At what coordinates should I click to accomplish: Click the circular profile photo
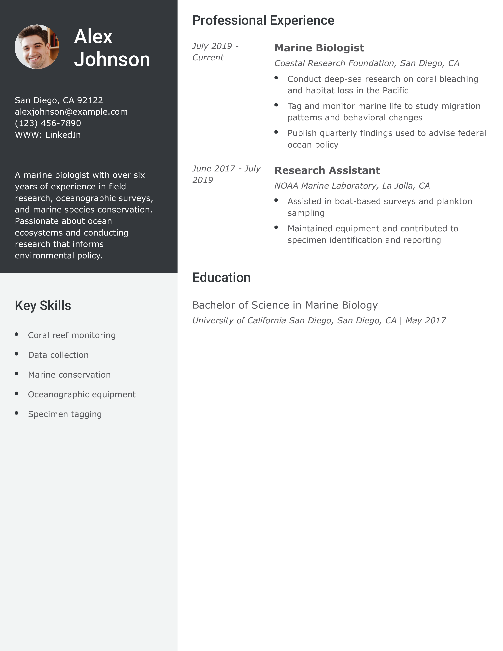[x=37, y=47]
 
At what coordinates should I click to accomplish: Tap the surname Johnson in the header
[x=112, y=59]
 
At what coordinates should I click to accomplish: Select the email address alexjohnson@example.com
[x=71, y=112]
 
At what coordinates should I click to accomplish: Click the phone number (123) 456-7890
[x=48, y=123]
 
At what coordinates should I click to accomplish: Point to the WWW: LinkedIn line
[x=48, y=135]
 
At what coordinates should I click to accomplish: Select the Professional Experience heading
[x=263, y=21]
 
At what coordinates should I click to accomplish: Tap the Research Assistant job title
[x=327, y=170]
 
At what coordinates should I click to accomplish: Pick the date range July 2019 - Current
[x=215, y=51]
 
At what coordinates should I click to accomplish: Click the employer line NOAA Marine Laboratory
[x=352, y=186]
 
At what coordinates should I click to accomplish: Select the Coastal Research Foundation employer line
[x=366, y=63]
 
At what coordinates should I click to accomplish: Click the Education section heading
[x=221, y=278]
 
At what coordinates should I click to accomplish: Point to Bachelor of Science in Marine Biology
[x=285, y=305]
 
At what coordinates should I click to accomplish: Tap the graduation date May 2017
[x=425, y=320]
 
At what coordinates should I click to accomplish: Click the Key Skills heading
[x=43, y=306]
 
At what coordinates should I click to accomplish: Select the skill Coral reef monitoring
[x=72, y=335]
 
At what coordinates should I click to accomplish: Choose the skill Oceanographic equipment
[x=82, y=394]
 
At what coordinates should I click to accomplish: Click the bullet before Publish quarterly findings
[x=276, y=132]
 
